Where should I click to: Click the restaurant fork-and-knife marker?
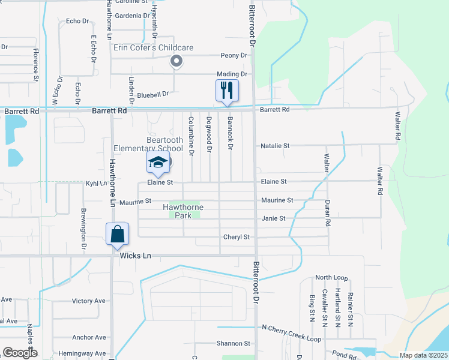click(x=227, y=91)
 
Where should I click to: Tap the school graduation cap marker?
click(x=158, y=163)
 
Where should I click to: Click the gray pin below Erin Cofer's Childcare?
click(x=176, y=61)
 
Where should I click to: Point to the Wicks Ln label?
click(x=135, y=256)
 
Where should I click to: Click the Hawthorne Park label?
click(x=183, y=211)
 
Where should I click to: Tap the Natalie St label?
click(x=275, y=146)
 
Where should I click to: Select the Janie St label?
click(x=273, y=218)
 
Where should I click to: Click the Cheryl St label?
click(x=237, y=237)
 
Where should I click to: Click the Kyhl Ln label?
click(x=96, y=183)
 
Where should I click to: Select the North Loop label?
click(x=331, y=278)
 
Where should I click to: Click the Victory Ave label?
click(x=88, y=301)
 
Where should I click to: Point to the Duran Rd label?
click(x=328, y=213)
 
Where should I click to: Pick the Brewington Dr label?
click(x=83, y=224)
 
